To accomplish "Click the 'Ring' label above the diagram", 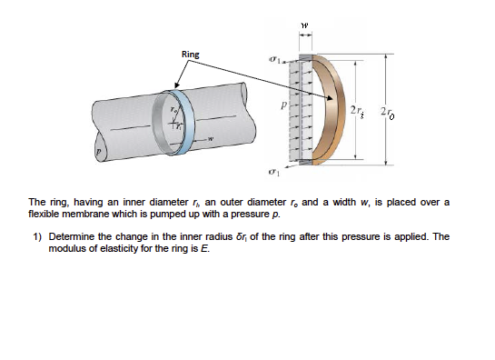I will tap(190, 55).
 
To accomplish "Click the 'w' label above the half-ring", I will tap(306, 25).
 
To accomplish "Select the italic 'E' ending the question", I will tap(204, 248).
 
